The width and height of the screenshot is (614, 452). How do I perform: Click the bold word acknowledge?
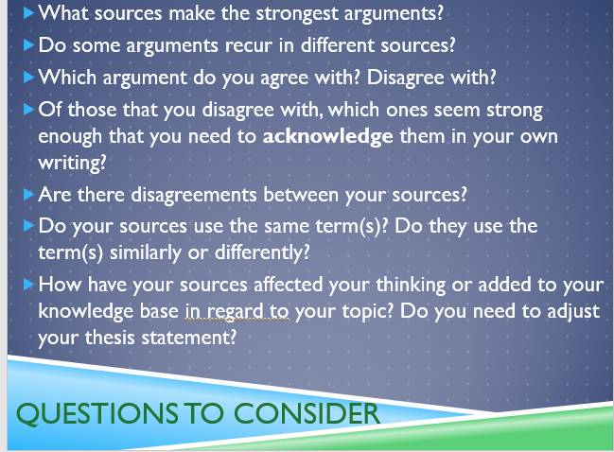tap(327, 136)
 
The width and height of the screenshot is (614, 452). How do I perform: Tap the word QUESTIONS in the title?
tap(96, 413)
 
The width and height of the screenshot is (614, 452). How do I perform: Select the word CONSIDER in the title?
tap(307, 413)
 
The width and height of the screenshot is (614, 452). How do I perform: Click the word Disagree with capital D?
tap(405, 78)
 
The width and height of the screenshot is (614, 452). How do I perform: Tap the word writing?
tap(72, 163)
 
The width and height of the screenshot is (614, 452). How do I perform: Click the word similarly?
tap(146, 252)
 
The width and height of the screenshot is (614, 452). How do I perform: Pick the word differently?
tap(262, 252)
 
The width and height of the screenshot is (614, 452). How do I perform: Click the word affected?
tap(289, 285)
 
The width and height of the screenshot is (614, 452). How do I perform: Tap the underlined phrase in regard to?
tap(237, 312)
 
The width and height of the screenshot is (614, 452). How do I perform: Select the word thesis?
tap(110, 338)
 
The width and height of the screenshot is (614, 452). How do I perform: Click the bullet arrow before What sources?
tap(28, 13)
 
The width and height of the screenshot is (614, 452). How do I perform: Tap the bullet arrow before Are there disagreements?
tap(28, 195)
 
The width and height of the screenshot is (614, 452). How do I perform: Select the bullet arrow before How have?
tap(28, 285)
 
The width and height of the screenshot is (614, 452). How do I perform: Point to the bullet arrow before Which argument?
tap(28, 78)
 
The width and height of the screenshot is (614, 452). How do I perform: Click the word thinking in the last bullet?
tap(411, 286)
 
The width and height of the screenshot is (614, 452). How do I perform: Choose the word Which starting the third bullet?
tap(67, 78)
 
